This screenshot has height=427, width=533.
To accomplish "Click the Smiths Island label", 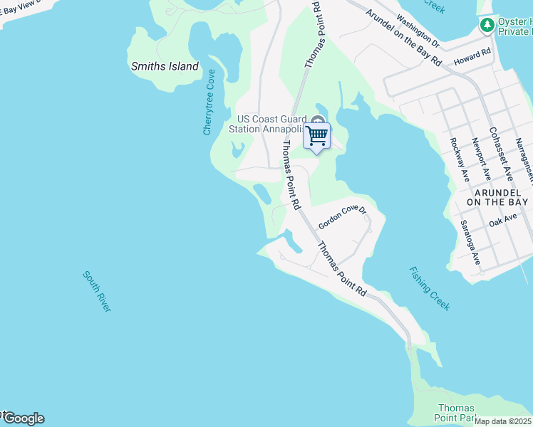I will coord(165,66).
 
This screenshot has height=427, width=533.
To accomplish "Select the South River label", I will coord(97,290).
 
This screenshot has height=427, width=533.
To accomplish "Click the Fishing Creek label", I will coord(430,288).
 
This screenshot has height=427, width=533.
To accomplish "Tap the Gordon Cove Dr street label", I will coord(342,217).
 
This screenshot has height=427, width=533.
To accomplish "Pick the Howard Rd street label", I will coord(473,57).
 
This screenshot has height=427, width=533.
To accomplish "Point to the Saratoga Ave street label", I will coord(471,243).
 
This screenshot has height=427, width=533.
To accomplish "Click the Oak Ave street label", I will coord(503,222).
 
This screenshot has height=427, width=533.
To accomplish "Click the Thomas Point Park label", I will coord(456,413).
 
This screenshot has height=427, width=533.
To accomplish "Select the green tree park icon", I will coord(487,26).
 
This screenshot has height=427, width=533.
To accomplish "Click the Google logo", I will coord(23,418).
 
